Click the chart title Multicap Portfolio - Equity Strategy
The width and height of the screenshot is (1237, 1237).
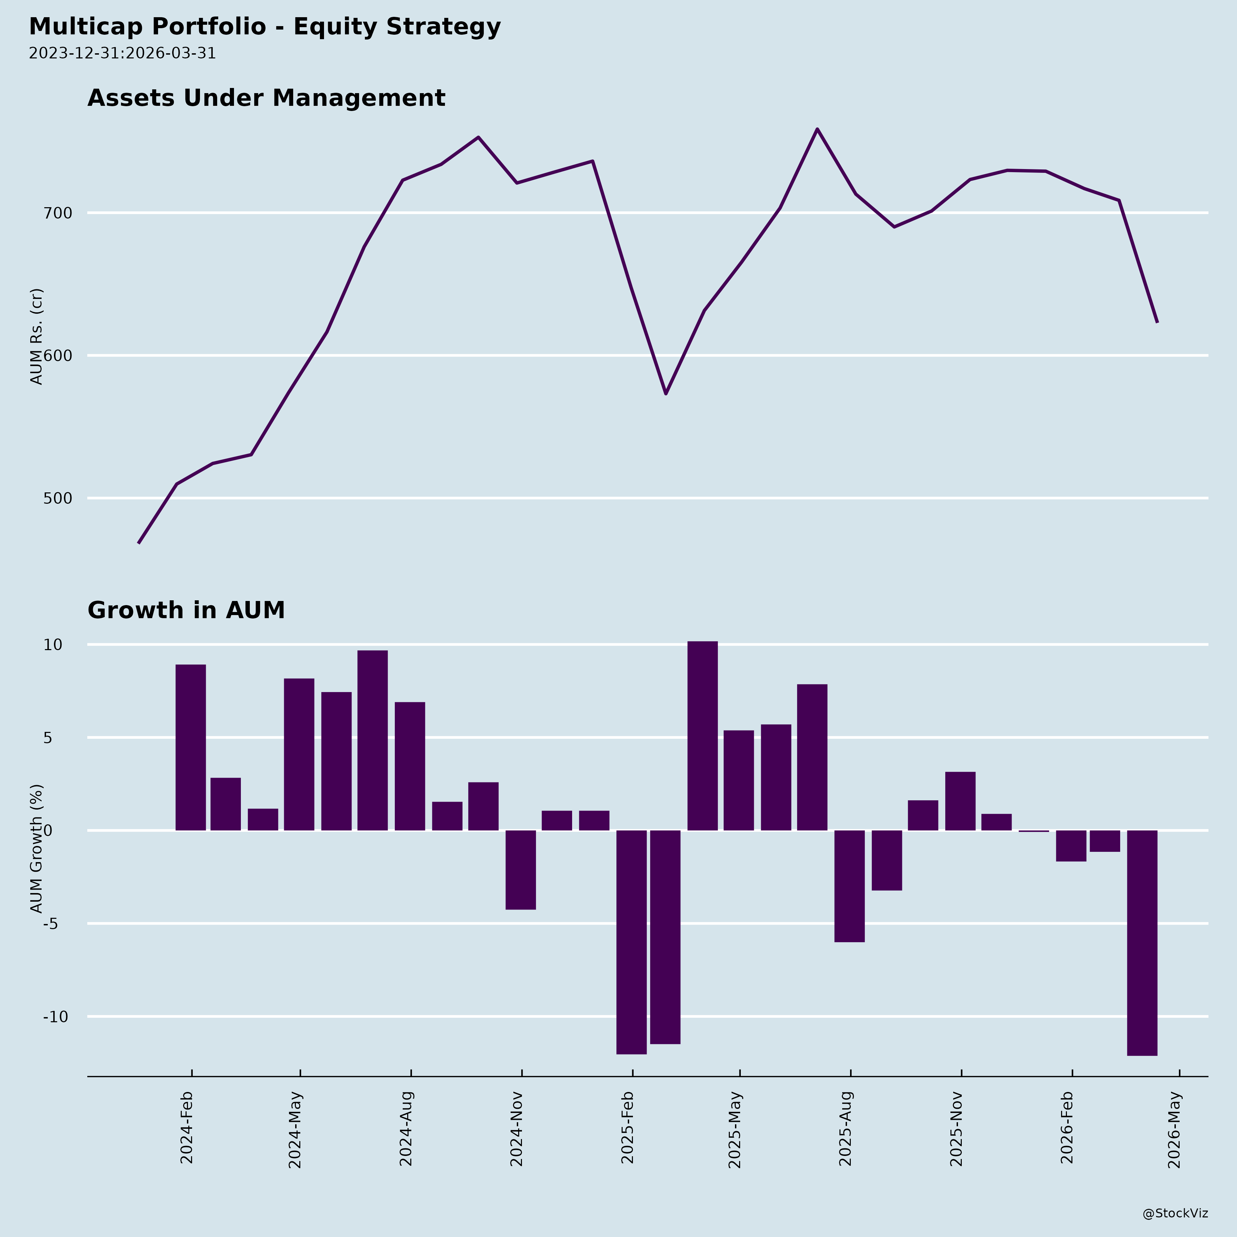coord(265,27)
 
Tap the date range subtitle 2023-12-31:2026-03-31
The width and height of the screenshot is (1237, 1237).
coord(122,53)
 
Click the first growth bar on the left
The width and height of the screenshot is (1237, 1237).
coord(191,747)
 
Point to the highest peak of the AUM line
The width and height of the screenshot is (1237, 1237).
coord(817,129)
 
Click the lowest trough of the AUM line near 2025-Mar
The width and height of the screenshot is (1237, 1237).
coord(666,393)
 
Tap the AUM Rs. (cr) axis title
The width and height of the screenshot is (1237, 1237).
coord(37,336)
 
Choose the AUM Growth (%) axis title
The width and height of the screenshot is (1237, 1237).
coord(37,848)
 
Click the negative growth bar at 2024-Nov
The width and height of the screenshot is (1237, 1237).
coord(521,869)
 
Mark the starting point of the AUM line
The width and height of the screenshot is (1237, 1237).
coord(139,543)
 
